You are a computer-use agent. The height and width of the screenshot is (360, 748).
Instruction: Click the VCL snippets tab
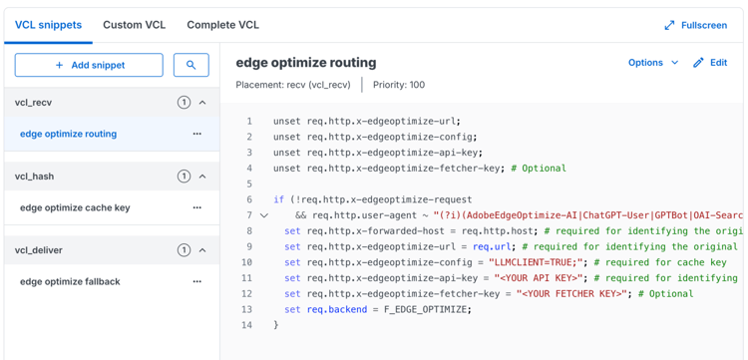[48, 25]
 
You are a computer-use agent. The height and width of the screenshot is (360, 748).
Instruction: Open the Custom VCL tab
[134, 25]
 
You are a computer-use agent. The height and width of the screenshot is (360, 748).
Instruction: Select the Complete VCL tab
[222, 25]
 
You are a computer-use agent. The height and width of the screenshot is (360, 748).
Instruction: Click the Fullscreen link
[695, 25]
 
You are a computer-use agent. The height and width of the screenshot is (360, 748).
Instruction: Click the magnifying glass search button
[190, 65]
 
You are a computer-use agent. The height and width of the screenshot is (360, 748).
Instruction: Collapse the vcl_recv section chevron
[202, 103]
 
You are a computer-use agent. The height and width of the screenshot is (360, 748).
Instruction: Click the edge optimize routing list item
[68, 134]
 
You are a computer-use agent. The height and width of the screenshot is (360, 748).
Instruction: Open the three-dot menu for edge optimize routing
[196, 134]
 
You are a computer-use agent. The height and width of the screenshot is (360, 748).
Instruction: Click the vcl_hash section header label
[34, 177]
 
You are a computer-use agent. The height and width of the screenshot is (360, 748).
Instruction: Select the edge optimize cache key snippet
[75, 207]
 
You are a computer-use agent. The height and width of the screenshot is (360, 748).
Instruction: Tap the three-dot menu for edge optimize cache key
[196, 207]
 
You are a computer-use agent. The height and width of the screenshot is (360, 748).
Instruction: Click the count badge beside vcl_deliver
[184, 250]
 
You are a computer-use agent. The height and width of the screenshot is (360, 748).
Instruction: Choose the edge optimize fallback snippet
[70, 281]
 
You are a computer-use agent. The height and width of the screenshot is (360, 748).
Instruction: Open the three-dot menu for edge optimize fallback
[196, 281]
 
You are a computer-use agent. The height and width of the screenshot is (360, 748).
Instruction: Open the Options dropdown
[653, 63]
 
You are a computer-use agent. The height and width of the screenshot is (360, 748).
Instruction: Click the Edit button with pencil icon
[710, 63]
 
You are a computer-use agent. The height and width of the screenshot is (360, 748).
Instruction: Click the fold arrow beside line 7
[264, 215]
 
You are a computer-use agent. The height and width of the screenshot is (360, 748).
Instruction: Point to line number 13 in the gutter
[247, 309]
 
